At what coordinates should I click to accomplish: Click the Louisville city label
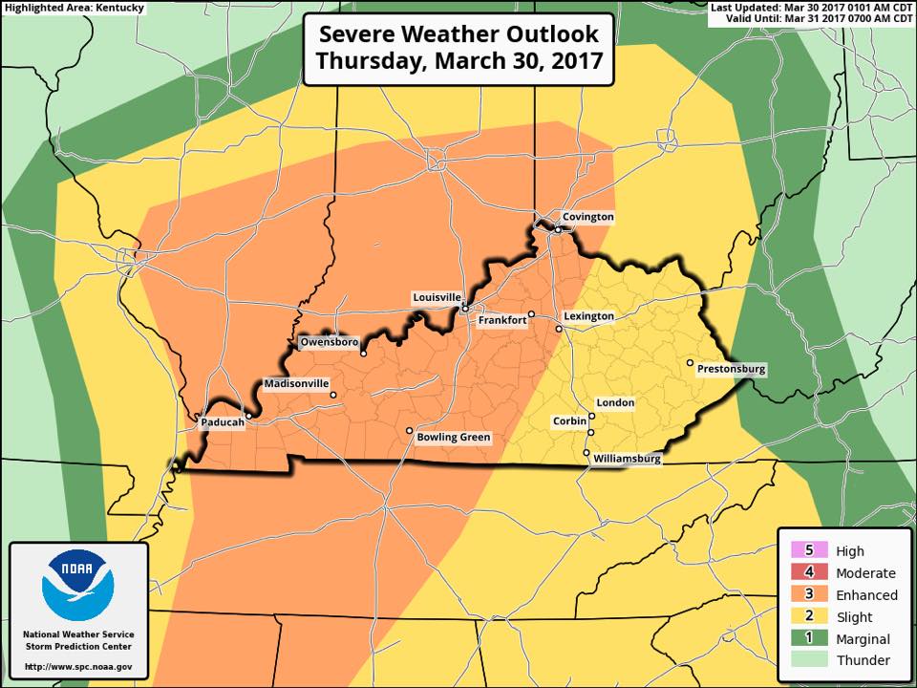click(x=437, y=297)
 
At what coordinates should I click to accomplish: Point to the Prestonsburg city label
click(x=732, y=369)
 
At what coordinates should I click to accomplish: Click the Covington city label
click(x=587, y=217)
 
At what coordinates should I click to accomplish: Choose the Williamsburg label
click(x=627, y=459)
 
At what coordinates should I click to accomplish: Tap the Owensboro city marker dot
click(x=363, y=354)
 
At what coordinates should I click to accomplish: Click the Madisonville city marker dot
click(x=332, y=396)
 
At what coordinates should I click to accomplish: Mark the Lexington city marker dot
click(x=559, y=329)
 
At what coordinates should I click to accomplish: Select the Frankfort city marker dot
click(x=531, y=313)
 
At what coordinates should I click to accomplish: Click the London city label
click(x=615, y=403)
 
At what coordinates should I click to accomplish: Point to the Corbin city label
click(x=569, y=421)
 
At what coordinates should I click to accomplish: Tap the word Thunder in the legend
click(x=863, y=660)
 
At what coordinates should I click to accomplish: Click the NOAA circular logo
click(x=78, y=585)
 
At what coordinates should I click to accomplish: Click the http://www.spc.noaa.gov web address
click(x=78, y=666)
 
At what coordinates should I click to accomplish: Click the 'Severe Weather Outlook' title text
click(x=458, y=34)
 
